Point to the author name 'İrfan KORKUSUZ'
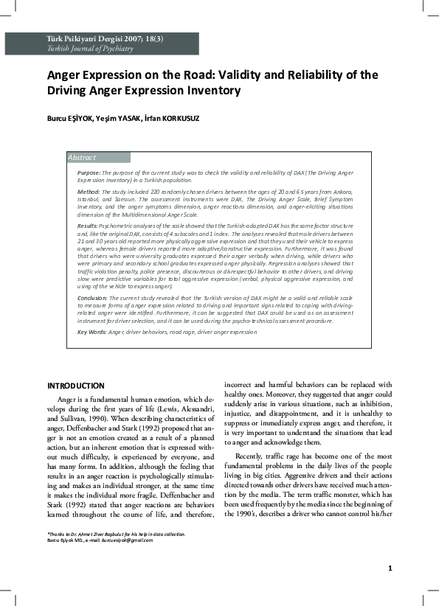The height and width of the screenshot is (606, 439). pyautogui.click(x=182, y=119)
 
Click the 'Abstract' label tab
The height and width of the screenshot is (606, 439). pyautogui.click(x=82, y=158)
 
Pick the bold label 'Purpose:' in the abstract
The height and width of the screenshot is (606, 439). pyautogui.click(x=89, y=172)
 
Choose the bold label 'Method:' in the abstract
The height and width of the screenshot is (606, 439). pyautogui.click(x=89, y=192)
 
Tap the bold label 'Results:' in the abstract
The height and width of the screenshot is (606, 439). pyautogui.click(x=88, y=224)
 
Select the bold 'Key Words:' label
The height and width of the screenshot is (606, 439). pyautogui.click(x=92, y=332)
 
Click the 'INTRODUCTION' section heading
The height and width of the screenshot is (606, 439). pyautogui.click(x=76, y=386)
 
